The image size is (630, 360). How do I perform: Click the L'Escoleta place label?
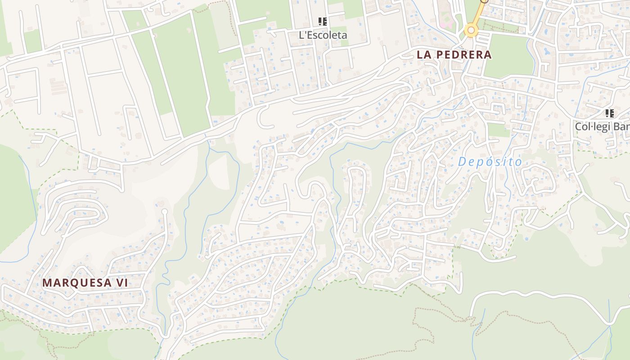click(x=323, y=35)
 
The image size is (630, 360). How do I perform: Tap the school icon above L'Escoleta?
click(x=322, y=21)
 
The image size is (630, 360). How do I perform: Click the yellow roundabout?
click(x=471, y=31)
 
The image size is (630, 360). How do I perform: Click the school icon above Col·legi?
click(x=609, y=113)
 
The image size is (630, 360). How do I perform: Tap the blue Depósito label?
click(x=490, y=162)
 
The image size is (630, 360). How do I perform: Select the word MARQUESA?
click(x=77, y=283)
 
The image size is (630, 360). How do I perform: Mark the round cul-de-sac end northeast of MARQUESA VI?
click(x=164, y=211)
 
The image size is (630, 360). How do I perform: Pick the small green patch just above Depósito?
click(x=498, y=130)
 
